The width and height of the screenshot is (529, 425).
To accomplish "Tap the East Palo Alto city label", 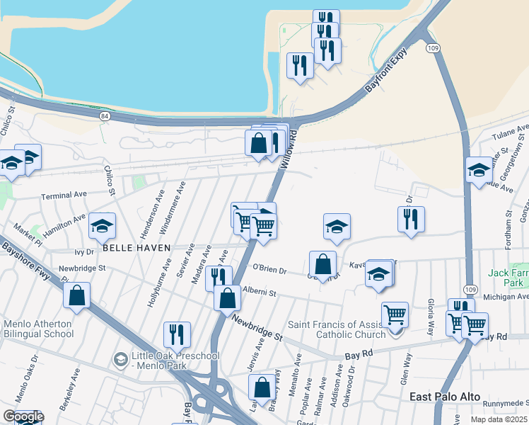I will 445,397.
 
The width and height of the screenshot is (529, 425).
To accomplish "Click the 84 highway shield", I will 105,115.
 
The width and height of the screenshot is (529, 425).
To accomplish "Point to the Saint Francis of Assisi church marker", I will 395,332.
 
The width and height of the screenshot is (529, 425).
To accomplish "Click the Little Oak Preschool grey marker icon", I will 120,361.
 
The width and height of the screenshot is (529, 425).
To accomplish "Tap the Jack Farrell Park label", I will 508,278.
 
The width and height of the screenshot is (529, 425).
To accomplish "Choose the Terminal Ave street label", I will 64,195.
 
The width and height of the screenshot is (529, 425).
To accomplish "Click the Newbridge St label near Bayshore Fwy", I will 81,268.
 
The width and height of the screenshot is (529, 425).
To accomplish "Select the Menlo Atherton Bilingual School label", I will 38,329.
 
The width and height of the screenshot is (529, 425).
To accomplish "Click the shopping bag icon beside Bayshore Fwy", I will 77,294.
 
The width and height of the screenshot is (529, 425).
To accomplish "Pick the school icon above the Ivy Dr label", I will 102,226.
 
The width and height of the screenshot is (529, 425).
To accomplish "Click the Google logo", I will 23,416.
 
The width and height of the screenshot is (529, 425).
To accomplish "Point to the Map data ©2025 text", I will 499,419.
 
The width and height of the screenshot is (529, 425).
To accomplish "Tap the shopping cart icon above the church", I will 395,313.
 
